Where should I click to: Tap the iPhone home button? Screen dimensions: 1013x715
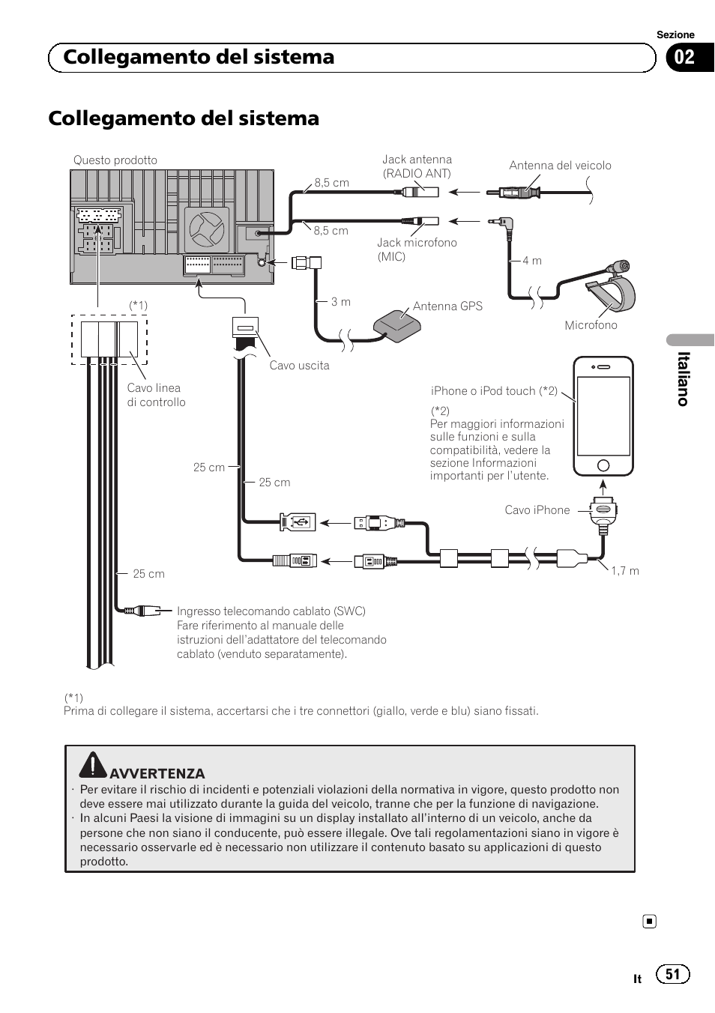(603, 466)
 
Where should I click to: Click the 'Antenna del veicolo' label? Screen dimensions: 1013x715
(560, 166)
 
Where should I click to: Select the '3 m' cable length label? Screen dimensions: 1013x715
(341, 302)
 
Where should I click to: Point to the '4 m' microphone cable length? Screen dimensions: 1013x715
(532, 261)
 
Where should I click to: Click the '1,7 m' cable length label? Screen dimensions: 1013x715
(625, 571)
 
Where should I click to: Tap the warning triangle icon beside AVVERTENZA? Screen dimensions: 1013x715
(93, 765)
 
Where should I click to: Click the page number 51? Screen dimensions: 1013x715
(672, 974)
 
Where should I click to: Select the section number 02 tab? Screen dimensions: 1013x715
(685, 58)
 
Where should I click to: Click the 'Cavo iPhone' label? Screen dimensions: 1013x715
(537, 510)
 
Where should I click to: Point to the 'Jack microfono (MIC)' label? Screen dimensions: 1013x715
(417, 250)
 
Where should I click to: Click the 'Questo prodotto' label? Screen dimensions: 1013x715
(115, 160)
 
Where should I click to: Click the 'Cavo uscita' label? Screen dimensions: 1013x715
(299, 366)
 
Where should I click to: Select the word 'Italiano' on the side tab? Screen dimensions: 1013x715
(683, 378)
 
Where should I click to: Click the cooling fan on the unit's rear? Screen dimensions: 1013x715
(206, 229)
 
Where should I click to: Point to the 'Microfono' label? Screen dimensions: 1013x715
(591, 325)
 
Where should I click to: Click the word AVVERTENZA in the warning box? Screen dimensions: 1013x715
(157, 774)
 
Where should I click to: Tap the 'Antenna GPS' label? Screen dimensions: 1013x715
(447, 306)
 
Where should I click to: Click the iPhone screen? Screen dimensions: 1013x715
(603, 416)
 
